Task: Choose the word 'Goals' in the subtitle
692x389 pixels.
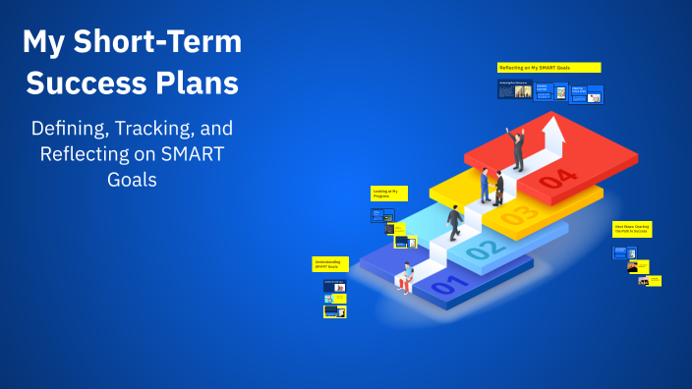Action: coord(131,181)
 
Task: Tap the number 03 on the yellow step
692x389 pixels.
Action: coord(521,213)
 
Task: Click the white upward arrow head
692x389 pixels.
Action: coord(552,128)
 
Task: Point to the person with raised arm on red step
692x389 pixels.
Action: coord(516,147)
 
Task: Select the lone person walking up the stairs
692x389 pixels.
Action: coord(455,221)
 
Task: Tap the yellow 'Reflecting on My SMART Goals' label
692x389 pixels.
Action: coord(548,68)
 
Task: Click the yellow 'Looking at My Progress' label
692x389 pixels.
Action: coord(388,194)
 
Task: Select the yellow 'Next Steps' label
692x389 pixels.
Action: coord(632,229)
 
